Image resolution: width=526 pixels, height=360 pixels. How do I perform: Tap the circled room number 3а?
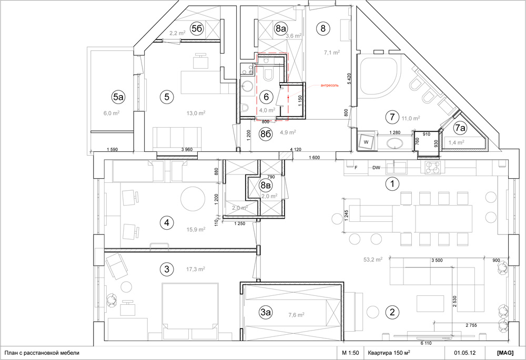tap(266, 312)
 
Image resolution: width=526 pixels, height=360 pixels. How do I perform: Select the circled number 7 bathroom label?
tap(392, 117)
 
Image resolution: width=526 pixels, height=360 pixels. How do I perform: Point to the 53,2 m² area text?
tap(373, 259)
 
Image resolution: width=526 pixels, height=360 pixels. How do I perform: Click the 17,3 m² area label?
tap(196, 269)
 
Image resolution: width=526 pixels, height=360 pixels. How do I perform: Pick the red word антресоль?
tap(329, 85)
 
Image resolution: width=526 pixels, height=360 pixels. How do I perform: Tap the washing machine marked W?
tap(366, 142)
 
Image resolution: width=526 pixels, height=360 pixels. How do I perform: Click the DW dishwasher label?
tap(376, 168)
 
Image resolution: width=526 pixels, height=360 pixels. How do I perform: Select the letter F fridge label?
tap(356, 168)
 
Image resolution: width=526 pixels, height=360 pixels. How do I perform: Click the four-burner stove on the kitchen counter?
tap(433, 167)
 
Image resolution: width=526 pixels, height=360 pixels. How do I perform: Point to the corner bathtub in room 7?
tap(380, 77)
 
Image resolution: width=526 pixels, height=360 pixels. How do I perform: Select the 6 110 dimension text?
tap(426, 343)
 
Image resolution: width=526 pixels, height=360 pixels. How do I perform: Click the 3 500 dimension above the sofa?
tap(437, 260)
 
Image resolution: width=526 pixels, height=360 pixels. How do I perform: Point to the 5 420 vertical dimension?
tap(349, 78)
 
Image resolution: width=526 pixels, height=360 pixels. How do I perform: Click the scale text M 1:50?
tap(350, 353)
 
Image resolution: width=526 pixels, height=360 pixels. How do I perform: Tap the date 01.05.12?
tap(465, 353)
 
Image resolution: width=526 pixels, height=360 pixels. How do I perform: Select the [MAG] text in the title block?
tap(505, 353)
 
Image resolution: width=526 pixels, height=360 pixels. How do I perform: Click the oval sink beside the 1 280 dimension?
tap(395, 143)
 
